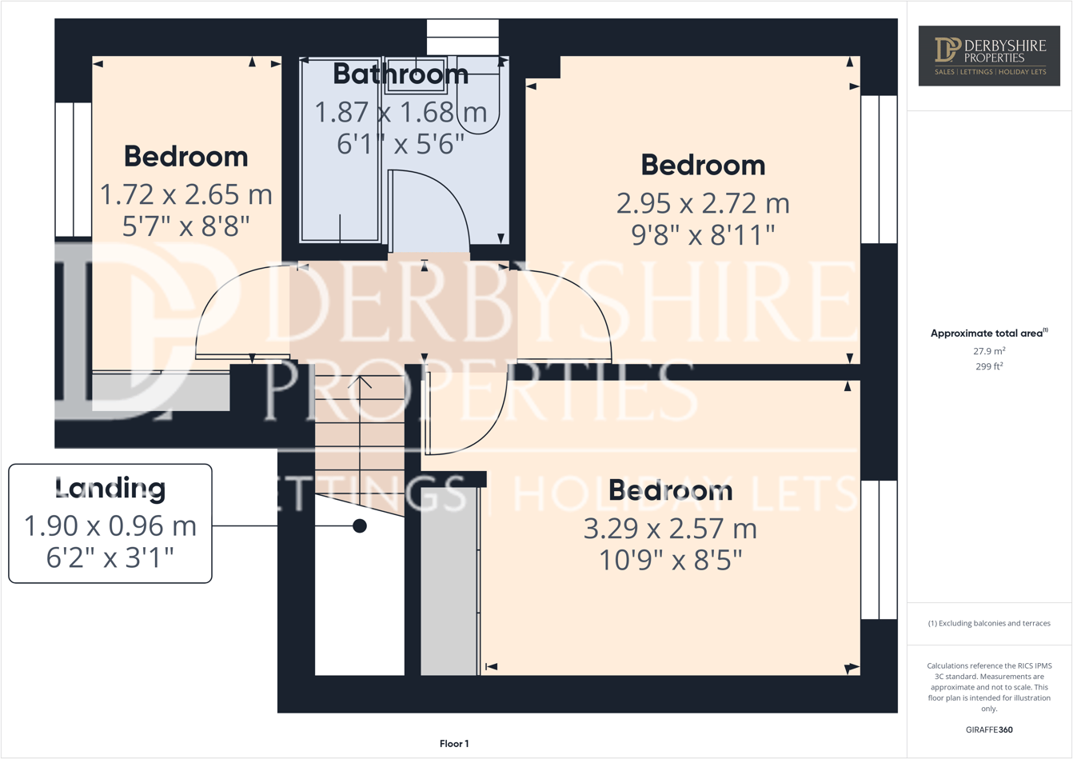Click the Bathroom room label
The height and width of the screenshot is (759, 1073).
401,74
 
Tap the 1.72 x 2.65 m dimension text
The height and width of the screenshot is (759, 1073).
185,194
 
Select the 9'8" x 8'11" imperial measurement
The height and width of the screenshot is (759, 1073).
703,235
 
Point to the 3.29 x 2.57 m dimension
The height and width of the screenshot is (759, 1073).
670,529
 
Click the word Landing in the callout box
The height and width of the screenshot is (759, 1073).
110,488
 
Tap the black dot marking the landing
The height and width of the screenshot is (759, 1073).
360,525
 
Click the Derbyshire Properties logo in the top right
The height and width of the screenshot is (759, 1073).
990,55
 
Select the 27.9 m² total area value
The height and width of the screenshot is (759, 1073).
989,351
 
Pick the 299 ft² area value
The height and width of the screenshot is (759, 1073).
989,367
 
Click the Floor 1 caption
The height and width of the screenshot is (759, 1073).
454,744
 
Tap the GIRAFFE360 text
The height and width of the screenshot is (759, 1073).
989,729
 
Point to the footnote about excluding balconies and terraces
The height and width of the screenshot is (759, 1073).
989,623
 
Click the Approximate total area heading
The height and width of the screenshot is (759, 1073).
989,334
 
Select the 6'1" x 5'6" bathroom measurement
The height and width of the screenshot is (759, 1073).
401,145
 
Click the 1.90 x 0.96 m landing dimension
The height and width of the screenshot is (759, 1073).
110,526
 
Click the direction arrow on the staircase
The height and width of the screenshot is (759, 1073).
365,383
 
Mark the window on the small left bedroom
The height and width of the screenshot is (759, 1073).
73,170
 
